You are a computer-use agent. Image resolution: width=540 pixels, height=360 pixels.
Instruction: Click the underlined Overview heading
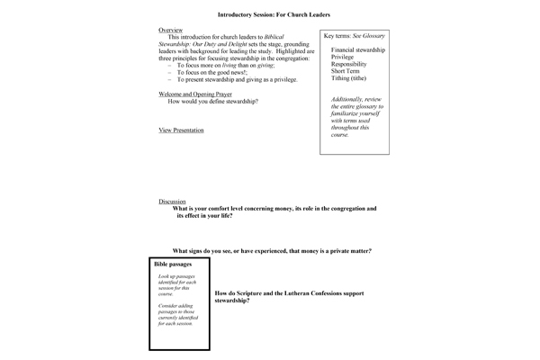tap(170, 30)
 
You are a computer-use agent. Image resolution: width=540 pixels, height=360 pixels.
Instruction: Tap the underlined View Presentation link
tap(181, 130)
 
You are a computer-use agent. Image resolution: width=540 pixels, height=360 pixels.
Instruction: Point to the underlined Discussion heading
tap(173, 202)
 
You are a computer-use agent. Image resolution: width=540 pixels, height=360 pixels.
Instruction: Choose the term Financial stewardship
tap(357, 49)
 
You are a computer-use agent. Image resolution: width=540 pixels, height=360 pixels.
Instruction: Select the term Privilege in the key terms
tap(343, 58)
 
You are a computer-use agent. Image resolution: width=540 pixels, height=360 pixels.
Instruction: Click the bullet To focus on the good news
tap(215, 72)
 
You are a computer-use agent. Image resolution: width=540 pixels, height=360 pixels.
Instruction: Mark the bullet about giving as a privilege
tap(234, 79)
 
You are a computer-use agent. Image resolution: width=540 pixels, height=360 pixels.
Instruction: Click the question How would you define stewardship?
tap(213, 101)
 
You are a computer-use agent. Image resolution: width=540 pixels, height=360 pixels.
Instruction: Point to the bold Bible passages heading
tap(173, 265)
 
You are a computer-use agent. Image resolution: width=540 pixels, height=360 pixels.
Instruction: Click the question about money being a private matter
tap(272, 250)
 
